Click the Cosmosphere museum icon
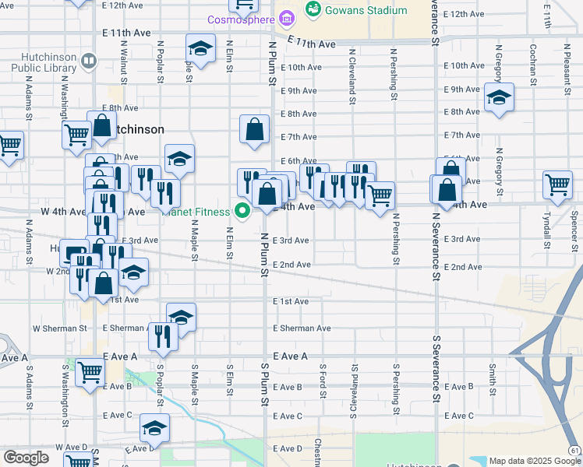[x=287, y=18]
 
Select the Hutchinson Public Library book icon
[x=88, y=61]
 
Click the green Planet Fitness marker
[x=242, y=210]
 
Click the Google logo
[x=26, y=458]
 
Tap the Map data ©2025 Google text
[x=534, y=461]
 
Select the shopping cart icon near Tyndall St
[x=558, y=184]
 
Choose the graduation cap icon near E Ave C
[x=154, y=427]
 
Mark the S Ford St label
[x=322, y=381]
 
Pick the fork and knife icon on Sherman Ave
[x=163, y=335]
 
